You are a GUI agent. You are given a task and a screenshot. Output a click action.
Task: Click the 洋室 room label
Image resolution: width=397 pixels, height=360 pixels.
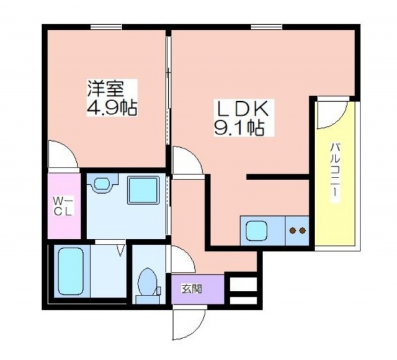pyautogui.click(x=105, y=89)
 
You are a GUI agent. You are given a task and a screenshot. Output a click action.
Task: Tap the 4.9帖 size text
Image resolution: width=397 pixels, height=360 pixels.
pyautogui.click(x=112, y=107)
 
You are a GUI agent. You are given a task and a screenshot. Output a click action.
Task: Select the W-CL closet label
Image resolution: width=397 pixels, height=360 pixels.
pyautogui.click(x=63, y=207)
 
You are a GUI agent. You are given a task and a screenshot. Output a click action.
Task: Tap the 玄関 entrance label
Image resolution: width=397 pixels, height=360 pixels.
pyautogui.click(x=192, y=289)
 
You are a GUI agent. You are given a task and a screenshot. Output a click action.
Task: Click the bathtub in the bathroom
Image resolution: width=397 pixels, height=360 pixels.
pyautogui.click(x=71, y=271)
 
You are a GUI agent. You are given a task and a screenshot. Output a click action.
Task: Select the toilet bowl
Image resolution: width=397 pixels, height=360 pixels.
pyautogui.click(x=148, y=282)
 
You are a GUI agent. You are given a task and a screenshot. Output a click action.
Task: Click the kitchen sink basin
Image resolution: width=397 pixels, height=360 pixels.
pyautogui.click(x=256, y=230)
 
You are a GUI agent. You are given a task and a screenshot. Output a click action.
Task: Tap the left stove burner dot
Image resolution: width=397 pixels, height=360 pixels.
pyautogui.click(x=292, y=230)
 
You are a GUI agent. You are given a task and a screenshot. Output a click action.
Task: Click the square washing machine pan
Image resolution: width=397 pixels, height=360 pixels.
pyautogui.click(x=143, y=190)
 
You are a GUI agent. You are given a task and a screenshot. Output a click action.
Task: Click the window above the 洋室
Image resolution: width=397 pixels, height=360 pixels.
pyautogui.click(x=106, y=27)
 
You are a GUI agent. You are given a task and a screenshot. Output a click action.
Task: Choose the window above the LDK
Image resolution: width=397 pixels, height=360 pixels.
pyautogui.click(x=267, y=27)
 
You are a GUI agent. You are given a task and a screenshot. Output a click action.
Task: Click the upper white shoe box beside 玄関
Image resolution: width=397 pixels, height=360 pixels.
pyautogui.click(x=243, y=284)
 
